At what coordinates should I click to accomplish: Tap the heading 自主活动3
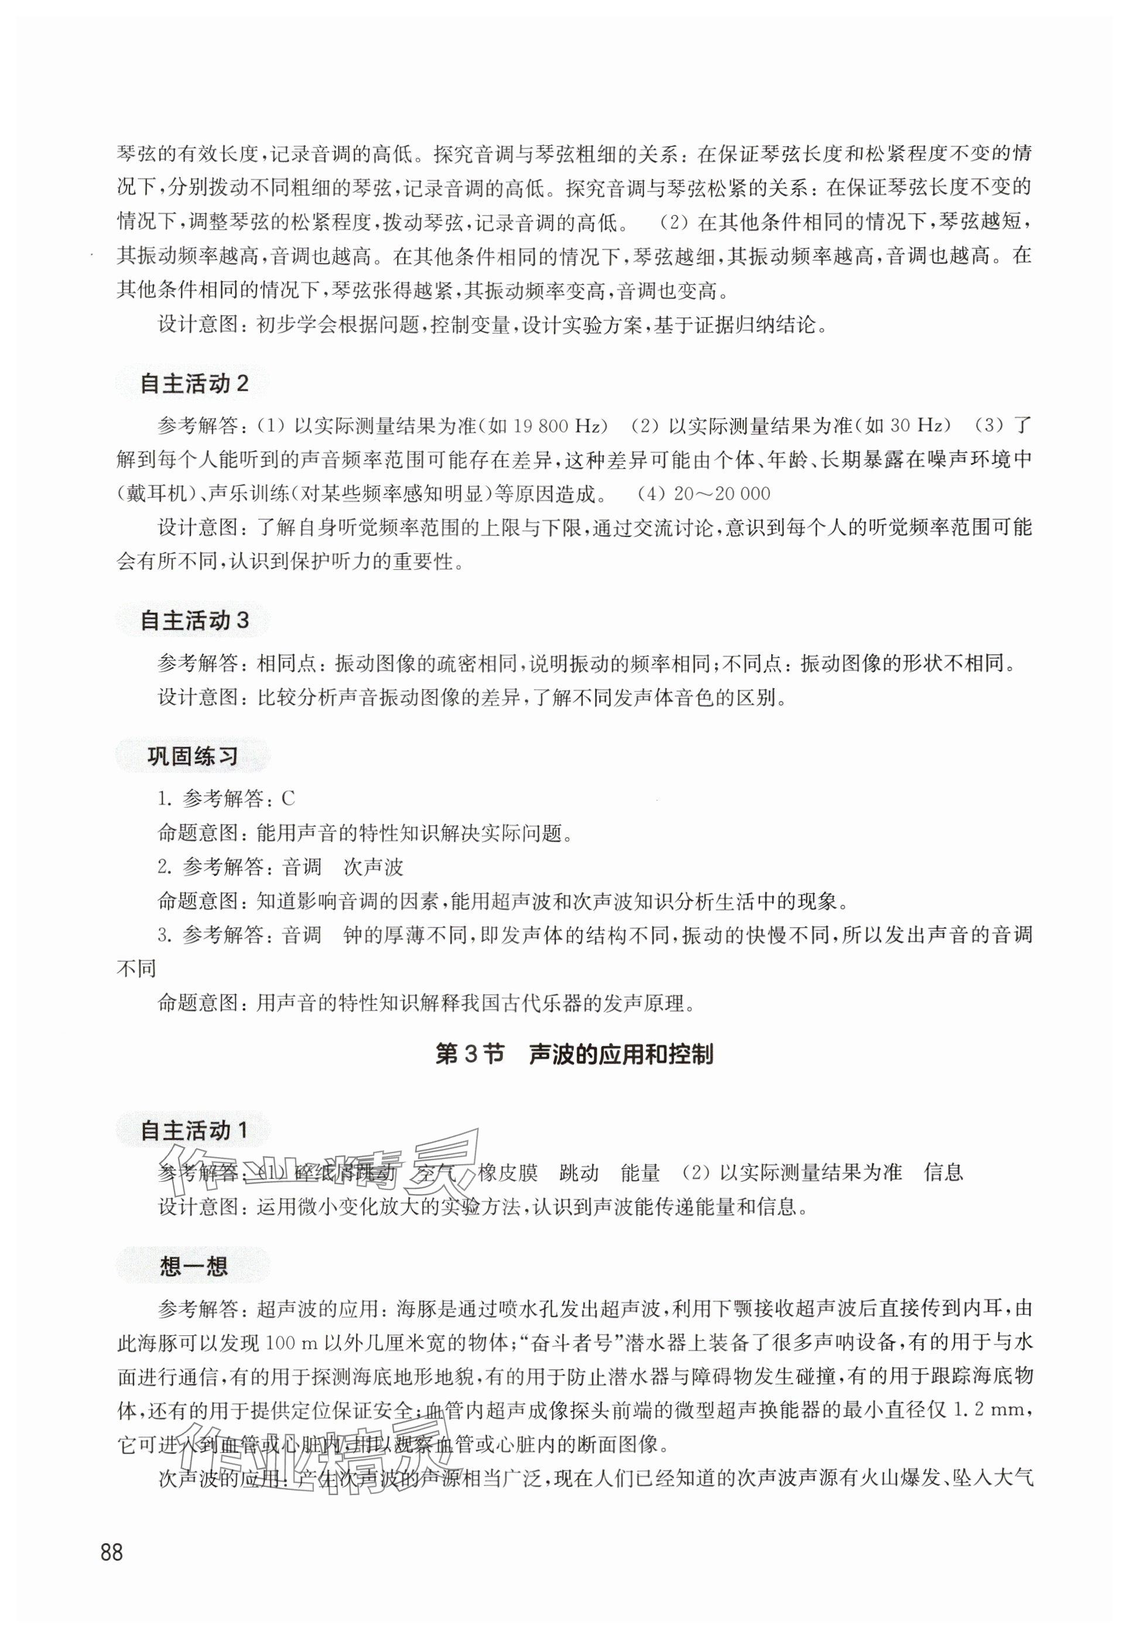tap(194, 620)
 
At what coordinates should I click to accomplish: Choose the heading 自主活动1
tap(194, 1131)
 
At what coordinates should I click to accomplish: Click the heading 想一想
tap(193, 1266)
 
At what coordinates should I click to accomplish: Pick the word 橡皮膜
tap(508, 1172)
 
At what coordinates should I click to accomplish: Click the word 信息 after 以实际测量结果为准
tap(943, 1172)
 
